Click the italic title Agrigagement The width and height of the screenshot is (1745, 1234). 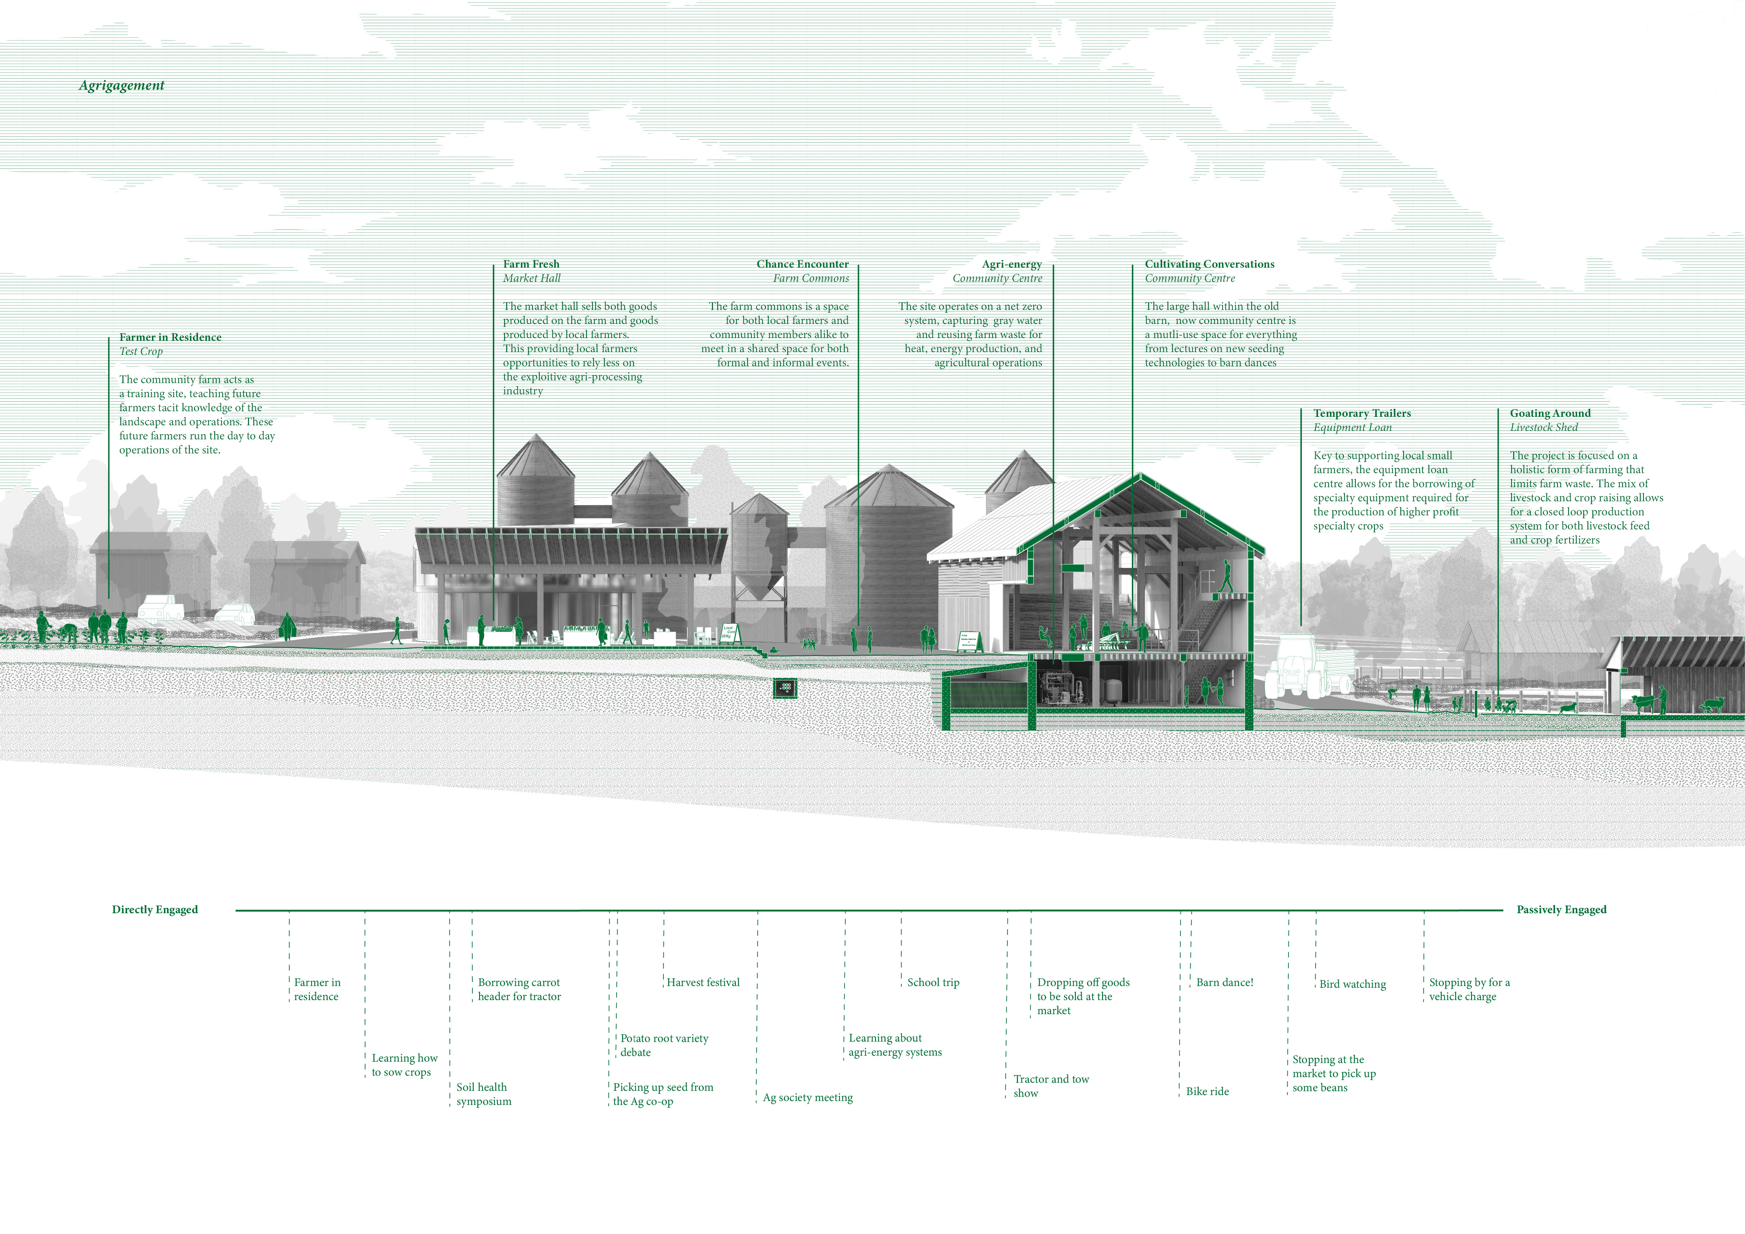[x=122, y=85]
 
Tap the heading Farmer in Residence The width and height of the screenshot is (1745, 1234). [x=170, y=337]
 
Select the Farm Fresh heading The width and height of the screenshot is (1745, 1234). [x=530, y=265]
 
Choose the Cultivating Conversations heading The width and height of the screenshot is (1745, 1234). [x=1209, y=265]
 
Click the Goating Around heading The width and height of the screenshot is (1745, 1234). [x=1550, y=413]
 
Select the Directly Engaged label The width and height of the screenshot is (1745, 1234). [x=155, y=910]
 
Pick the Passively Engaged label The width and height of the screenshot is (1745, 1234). [x=1561, y=910]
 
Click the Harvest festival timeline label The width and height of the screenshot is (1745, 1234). [x=703, y=982]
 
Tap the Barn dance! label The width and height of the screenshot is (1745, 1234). [x=1224, y=982]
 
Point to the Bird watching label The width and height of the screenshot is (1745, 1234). [x=1352, y=984]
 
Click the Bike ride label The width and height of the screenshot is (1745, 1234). [x=1207, y=1091]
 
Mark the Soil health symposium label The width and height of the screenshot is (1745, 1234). [x=483, y=1094]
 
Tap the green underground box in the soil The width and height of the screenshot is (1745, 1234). [x=785, y=688]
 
